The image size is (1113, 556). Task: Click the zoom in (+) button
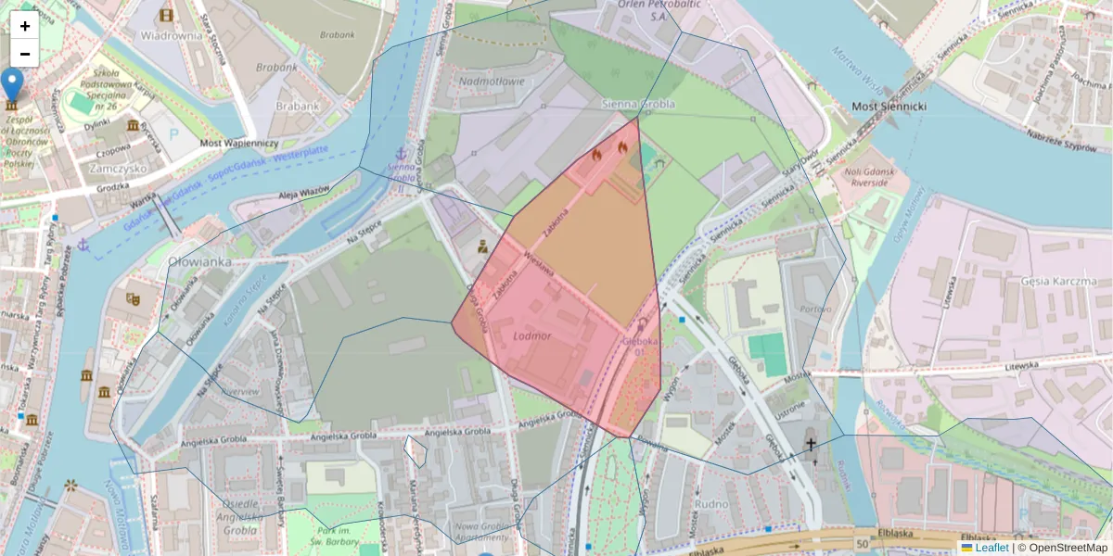click(x=24, y=26)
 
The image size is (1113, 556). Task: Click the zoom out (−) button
click(x=24, y=54)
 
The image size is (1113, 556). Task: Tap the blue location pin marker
click(x=12, y=84)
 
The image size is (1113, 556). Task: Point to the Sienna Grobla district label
click(x=638, y=104)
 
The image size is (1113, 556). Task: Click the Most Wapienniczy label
click(x=239, y=144)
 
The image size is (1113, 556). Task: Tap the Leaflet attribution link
click(x=991, y=548)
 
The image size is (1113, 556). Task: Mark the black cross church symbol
click(x=811, y=445)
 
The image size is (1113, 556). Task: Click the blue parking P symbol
click(x=174, y=134)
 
